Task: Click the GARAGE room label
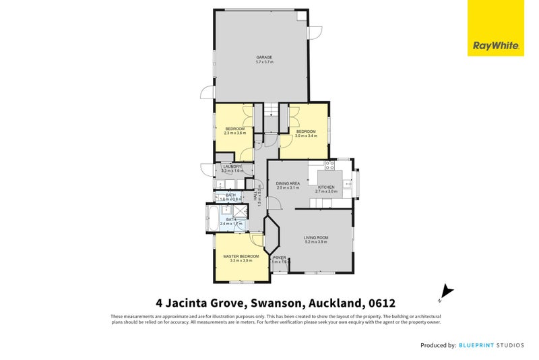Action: click(x=263, y=57)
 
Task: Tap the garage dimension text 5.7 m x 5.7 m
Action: click(x=263, y=62)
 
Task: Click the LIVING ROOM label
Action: click(x=315, y=237)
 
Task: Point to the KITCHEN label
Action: click(x=326, y=187)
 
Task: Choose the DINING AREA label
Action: click(x=287, y=183)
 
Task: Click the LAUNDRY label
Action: click(x=232, y=167)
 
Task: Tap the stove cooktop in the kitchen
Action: click(x=330, y=164)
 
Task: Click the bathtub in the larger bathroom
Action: click(x=211, y=218)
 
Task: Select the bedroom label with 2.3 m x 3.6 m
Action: click(x=234, y=128)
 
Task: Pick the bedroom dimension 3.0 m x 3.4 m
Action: click(x=306, y=136)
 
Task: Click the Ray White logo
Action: click(x=496, y=28)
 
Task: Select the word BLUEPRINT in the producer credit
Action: click(x=480, y=345)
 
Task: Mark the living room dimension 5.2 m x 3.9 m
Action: click(x=315, y=242)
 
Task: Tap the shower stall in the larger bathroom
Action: click(x=237, y=210)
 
